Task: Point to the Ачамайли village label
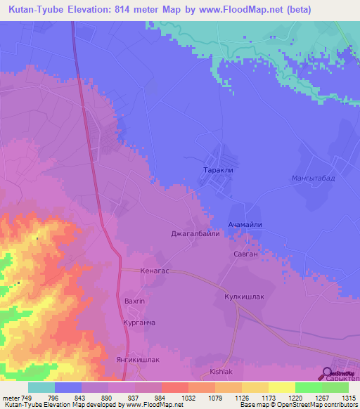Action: pos(245,224)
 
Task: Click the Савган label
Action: pos(245,253)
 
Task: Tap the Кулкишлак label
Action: pos(244,297)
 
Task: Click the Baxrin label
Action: pos(134,301)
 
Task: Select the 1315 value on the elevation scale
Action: pos(348,397)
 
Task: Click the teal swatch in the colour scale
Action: pos(41,387)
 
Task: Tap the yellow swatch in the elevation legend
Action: pos(281,387)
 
